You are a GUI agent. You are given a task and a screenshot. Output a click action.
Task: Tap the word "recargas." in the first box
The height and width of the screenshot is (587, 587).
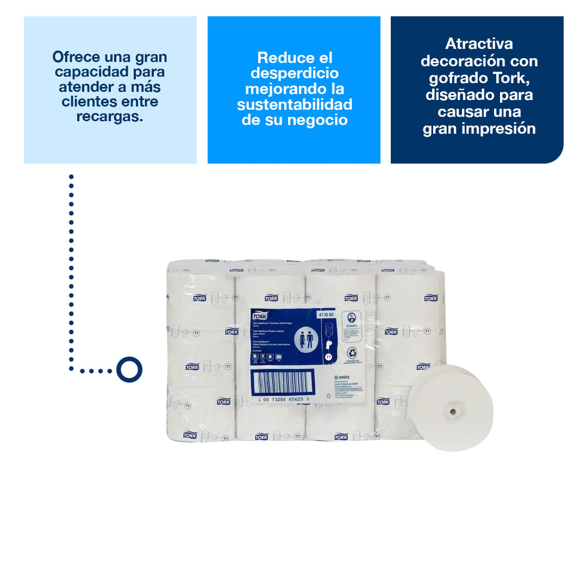click(x=110, y=116)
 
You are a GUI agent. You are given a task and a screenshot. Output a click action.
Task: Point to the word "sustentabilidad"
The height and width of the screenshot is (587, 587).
click(x=294, y=104)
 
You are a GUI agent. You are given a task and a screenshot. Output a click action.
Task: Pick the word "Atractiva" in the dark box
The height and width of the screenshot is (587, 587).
click(x=479, y=43)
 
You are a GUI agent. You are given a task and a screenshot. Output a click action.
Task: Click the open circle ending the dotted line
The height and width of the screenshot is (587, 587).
click(x=129, y=370)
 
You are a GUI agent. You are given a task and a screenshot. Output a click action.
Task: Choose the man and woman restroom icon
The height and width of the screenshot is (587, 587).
click(x=306, y=339)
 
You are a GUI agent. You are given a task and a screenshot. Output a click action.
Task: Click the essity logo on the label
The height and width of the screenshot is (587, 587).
click(x=344, y=376)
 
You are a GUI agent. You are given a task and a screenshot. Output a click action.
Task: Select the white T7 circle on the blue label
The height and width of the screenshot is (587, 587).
click(x=328, y=357)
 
